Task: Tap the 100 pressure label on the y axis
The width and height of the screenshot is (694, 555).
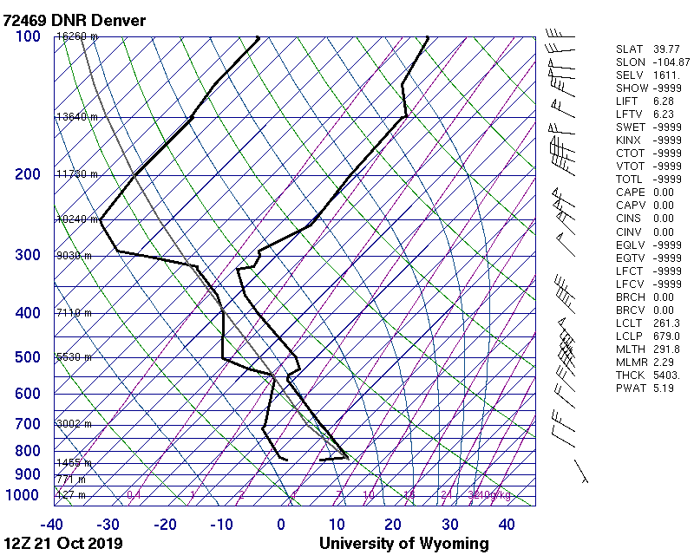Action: (x=28, y=36)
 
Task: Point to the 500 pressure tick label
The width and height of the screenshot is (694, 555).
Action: (x=28, y=357)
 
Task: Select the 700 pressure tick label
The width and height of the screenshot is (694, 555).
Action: (x=28, y=424)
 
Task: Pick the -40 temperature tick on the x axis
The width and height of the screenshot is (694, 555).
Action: (x=51, y=525)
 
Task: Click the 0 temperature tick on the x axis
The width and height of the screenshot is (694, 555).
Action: (x=281, y=525)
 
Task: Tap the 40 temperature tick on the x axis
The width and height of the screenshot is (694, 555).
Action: (x=507, y=525)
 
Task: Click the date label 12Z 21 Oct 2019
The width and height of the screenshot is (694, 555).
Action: (x=63, y=544)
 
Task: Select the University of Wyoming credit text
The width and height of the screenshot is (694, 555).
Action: (x=403, y=544)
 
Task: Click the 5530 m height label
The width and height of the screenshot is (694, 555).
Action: (x=74, y=357)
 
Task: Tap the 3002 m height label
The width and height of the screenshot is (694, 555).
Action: (x=74, y=424)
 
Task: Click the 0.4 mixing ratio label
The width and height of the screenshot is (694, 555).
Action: (x=134, y=495)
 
